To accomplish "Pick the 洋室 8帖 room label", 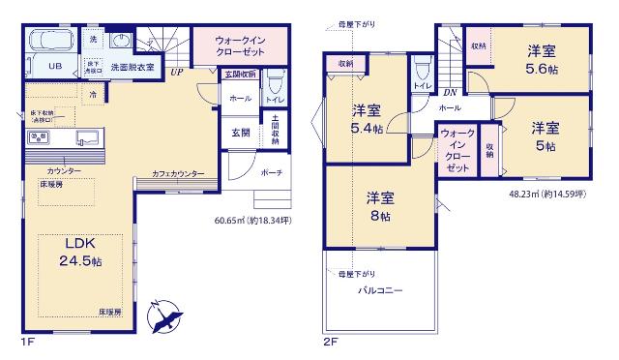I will tap(379, 205).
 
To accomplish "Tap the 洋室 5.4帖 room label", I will tap(367, 119).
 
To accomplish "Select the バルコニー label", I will tap(380, 290).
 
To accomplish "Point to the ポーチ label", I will tap(271, 172).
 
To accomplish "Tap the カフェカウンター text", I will tap(178, 173).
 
